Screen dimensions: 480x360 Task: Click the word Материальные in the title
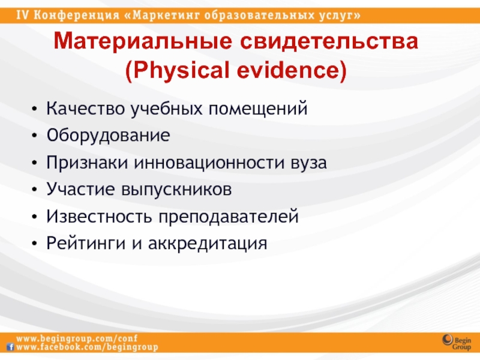tap(143, 41)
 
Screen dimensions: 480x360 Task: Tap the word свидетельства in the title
tap(329, 41)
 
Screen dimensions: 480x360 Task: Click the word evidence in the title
tap(288, 70)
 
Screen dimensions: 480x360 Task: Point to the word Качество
tap(85, 109)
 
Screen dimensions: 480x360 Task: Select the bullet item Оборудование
tap(108, 136)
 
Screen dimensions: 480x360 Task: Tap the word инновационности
tap(209, 163)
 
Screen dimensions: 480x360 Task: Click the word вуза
tap(308, 163)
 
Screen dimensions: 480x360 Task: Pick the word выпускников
tap(176, 190)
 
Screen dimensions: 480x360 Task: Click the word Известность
tap(99, 216)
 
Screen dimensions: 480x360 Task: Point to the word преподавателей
tap(229, 217)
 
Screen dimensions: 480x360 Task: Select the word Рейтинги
tap(86, 243)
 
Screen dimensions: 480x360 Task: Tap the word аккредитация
tap(208, 244)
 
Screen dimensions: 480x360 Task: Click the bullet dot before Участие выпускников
tap(34, 190)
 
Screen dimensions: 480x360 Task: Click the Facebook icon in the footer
tap(11, 347)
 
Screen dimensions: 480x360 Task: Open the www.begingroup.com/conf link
tap(77, 338)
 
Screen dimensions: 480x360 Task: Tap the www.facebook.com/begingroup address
tap(87, 347)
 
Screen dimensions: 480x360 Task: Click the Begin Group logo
tap(457, 342)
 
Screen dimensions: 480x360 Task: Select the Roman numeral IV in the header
tap(22, 15)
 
